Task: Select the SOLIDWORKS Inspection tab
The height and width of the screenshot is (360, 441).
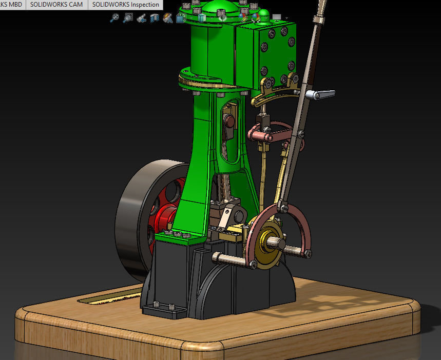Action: point(125,5)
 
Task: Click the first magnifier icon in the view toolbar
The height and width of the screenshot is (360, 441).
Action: point(114,18)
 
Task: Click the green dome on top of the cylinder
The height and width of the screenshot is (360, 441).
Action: point(215,8)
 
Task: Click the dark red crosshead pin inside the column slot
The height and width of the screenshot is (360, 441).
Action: point(231,122)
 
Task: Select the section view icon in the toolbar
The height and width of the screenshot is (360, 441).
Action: point(154,18)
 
